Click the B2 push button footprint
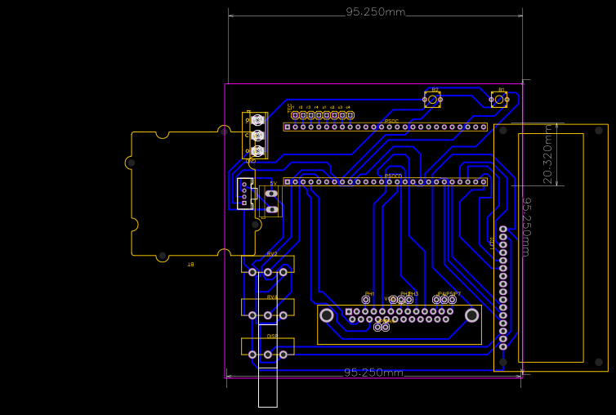(x=432, y=100)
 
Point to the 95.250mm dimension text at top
(x=375, y=12)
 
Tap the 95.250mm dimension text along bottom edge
(x=373, y=373)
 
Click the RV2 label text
(x=272, y=254)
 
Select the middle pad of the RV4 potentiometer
(x=268, y=315)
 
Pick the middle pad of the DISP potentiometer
(x=268, y=354)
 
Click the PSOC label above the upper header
(x=391, y=121)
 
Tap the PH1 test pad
(x=366, y=300)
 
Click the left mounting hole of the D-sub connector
(x=327, y=315)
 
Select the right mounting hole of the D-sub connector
(x=472, y=315)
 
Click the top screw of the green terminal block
(x=257, y=119)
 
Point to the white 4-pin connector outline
(x=243, y=193)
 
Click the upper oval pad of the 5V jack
(x=272, y=194)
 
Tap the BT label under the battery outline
(x=190, y=264)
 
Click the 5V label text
(x=273, y=183)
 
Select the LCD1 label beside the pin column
(x=492, y=243)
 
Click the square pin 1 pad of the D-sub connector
(x=348, y=311)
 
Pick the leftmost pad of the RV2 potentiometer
(x=252, y=272)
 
